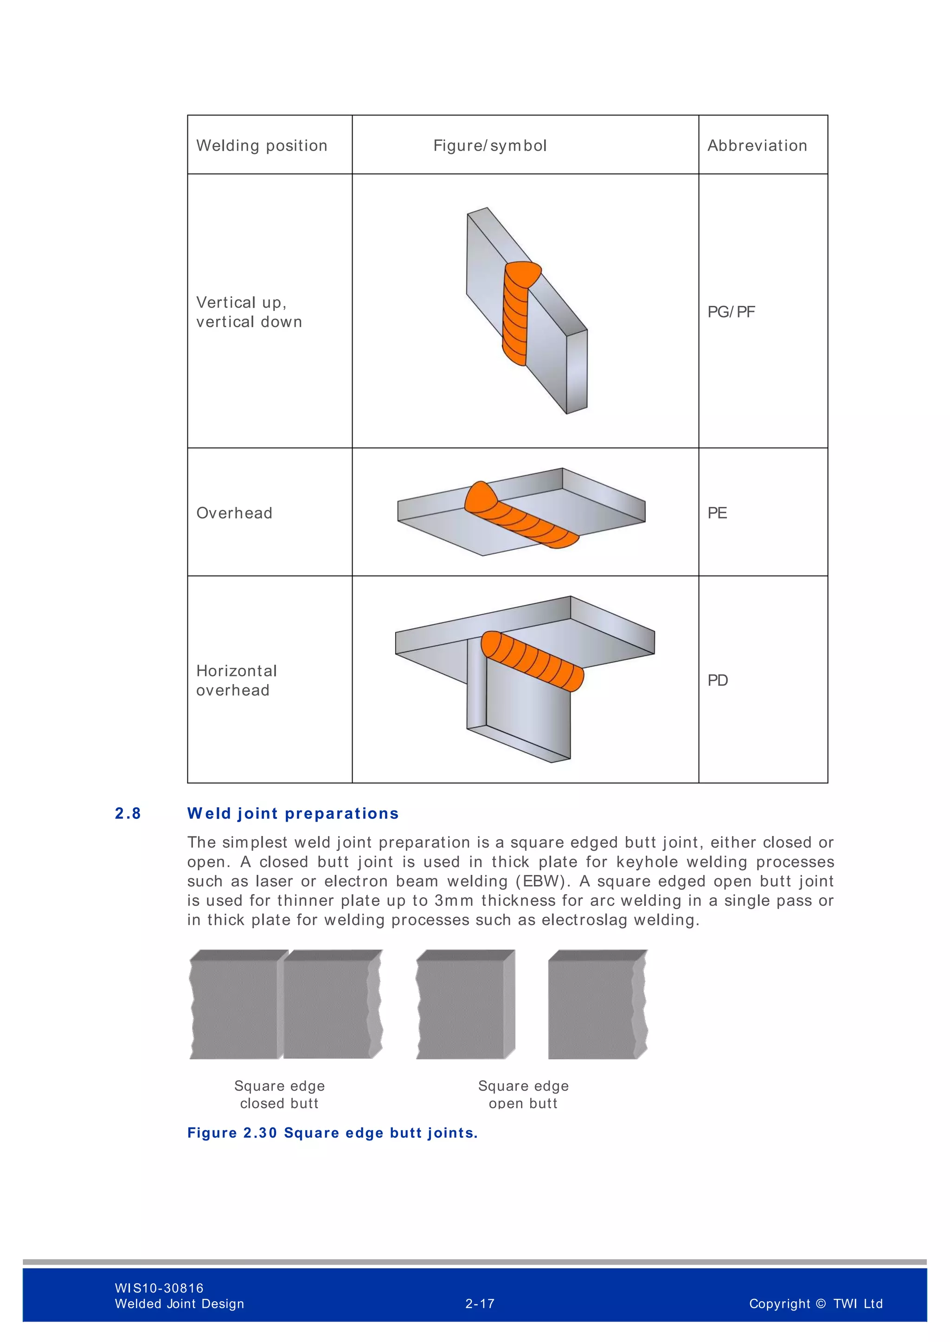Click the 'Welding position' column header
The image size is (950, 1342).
click(262, 146)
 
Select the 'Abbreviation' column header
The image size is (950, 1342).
click(757, 146)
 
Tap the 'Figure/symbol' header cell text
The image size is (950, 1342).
click(490, 146)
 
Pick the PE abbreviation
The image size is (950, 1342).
click(717, 513)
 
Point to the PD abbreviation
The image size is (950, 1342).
click(718, 680)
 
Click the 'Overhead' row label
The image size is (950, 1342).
click(234, 513)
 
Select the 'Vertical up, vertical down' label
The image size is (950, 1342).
click(249, 312)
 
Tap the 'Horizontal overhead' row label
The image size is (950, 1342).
click(236, 680)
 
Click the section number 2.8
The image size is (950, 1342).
click(128, 814)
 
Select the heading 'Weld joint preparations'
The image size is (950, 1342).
click(293, 814)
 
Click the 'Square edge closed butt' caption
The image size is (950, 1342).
click(279, 1094)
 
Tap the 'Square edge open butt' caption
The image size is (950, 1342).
click(523, 1094)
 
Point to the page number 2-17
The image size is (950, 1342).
click(480, 1304)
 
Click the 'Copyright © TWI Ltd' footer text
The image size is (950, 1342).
click(815, 1304)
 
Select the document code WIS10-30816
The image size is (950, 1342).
click(159, 1288)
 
